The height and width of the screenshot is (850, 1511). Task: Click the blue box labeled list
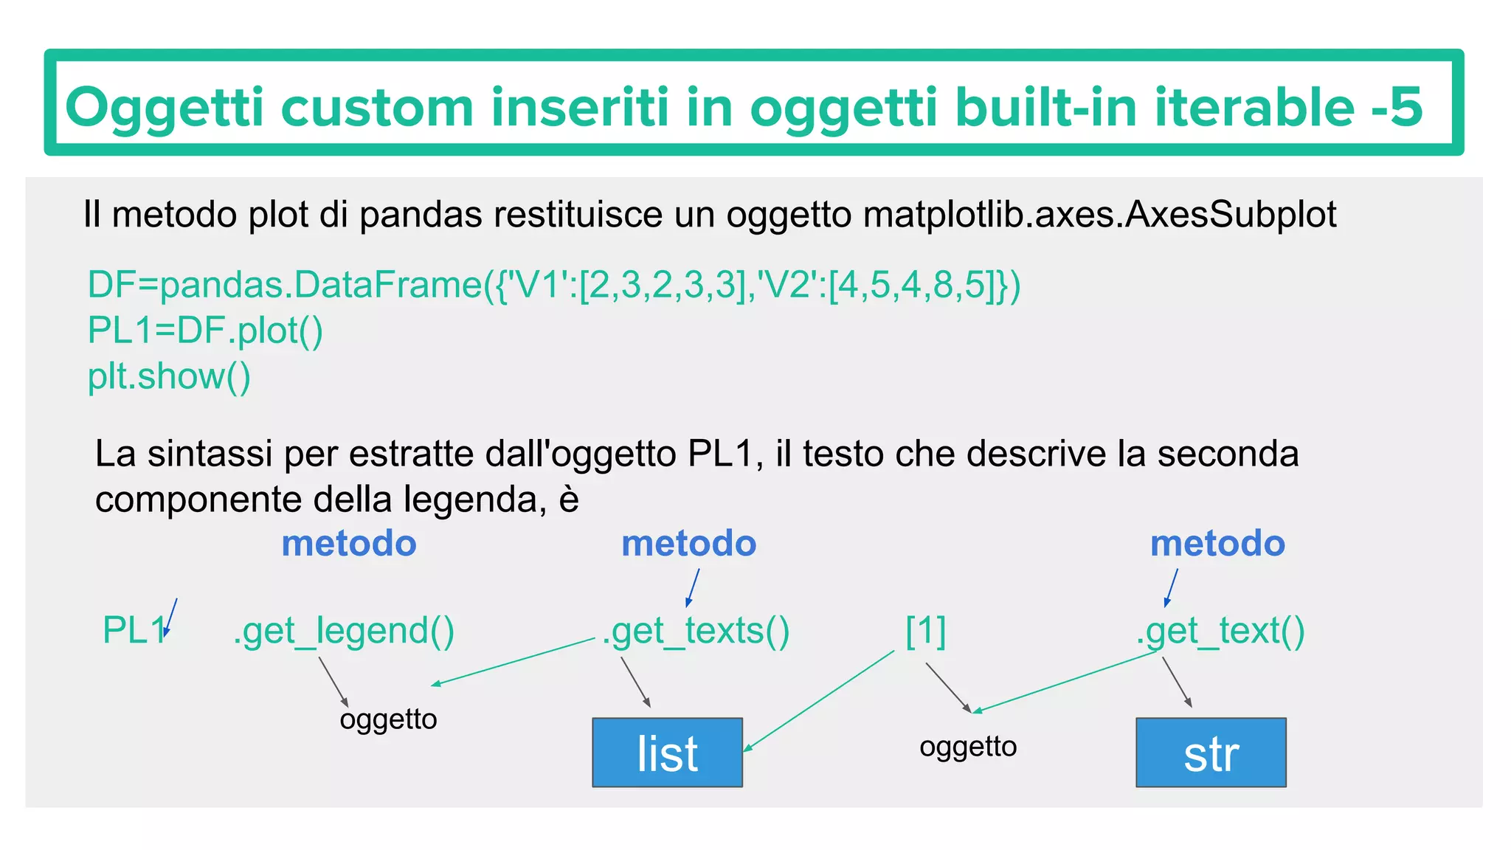point(667,752)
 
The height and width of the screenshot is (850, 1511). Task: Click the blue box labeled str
point(1210,752)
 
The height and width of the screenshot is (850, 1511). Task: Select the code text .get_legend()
point(344,631)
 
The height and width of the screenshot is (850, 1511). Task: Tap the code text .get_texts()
point(696,631)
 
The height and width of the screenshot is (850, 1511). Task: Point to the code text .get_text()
point(1221,631)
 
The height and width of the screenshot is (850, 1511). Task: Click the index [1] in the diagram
point(926,631)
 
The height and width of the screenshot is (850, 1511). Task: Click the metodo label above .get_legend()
point(349,544)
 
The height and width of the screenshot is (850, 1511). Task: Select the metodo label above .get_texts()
point(688,544)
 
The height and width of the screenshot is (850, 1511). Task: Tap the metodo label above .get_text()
point(1217,544)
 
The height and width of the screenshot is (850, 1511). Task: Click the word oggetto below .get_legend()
point(388,719)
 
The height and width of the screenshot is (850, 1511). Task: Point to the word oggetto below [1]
point(968,747)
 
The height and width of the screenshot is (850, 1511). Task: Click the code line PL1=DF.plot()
point(205,331)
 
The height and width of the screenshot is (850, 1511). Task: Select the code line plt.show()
point(169,376)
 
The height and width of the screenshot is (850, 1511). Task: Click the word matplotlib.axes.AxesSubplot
point(1099,215)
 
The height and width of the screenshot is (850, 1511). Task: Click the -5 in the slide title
point(1396,107)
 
